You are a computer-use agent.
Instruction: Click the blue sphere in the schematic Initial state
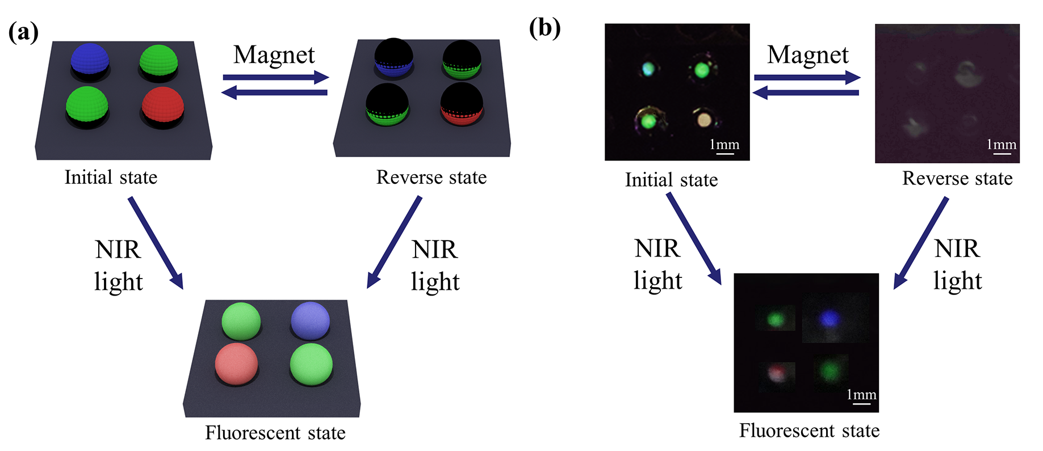90,60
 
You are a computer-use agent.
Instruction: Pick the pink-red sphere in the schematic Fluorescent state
236,364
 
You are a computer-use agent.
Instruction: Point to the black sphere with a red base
462,104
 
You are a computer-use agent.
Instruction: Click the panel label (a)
23,32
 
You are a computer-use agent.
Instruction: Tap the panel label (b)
544,28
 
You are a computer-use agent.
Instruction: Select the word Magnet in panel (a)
274,56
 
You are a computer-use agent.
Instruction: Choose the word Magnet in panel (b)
807,56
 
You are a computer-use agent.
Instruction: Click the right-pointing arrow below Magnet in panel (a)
275,77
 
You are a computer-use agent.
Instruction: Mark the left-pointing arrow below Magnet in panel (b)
806,92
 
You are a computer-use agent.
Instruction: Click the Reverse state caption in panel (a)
432,178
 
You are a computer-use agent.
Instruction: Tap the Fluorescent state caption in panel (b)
809,431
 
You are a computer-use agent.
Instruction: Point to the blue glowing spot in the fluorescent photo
830,319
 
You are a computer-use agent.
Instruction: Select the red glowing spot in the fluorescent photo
777,372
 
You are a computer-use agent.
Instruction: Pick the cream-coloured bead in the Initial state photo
703,119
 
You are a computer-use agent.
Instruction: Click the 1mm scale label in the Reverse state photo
1002,145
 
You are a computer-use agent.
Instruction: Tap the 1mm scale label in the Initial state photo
724,145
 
